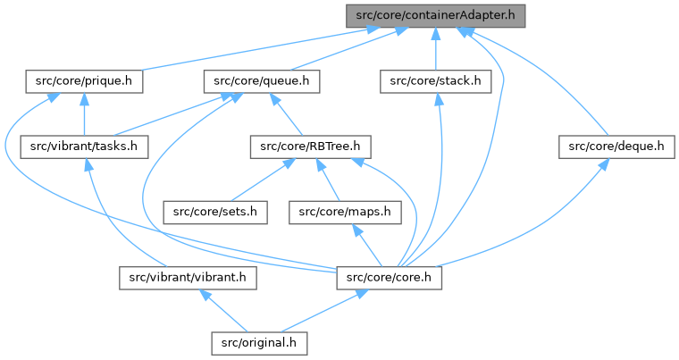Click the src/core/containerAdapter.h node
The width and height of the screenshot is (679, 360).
tap(435, 15)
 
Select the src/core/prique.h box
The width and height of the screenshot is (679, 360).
tap(84, 80)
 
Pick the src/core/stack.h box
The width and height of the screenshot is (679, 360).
tap(436, 80)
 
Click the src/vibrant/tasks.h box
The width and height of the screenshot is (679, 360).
tap(85, 146)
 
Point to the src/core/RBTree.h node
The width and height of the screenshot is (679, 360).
tap(308, 146)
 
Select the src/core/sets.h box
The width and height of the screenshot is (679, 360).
tap(215, 212)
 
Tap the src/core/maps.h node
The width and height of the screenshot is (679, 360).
tap(347, 212)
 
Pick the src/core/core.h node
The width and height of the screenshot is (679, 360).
tap(389, 278)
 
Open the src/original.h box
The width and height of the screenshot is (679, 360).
tap(259, 342)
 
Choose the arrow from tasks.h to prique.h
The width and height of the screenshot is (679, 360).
tap(84, 113)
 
